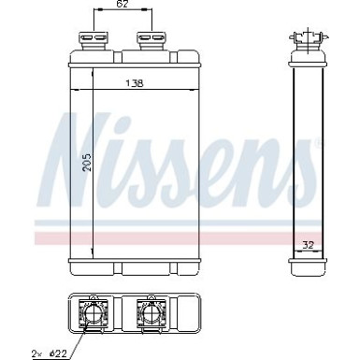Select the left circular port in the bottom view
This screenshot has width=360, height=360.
94,312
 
